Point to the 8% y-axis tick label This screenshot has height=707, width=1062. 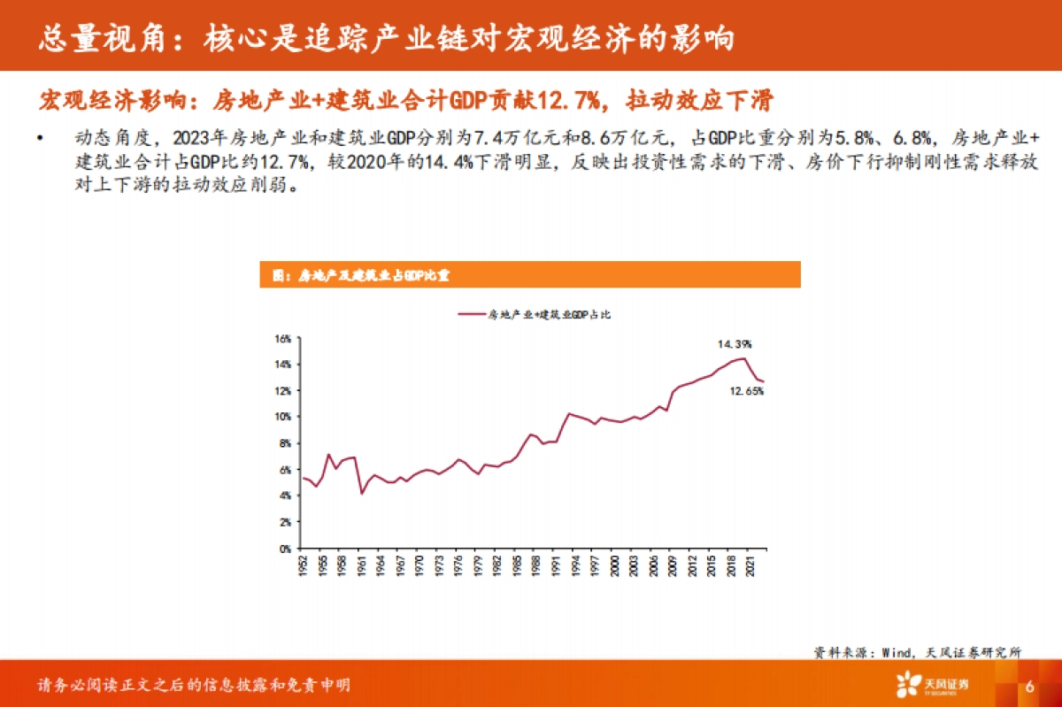[285, 443]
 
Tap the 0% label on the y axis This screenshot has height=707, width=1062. [285, 549]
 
